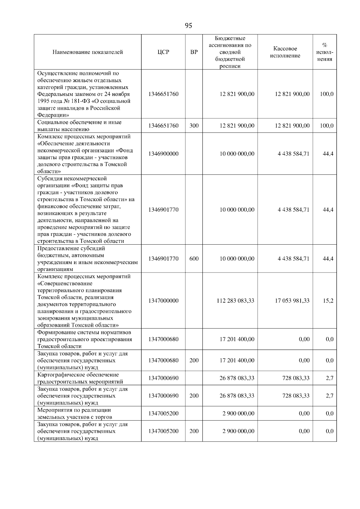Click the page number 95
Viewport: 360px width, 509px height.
pyautogui.click(x=188, y=26)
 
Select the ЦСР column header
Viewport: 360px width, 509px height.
pyautogui.click(x=163, y=52)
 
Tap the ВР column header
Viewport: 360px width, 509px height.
pyautogui.click(x=194, y=52)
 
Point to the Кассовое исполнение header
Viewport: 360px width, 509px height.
pyautogui.click(x=285, y=52)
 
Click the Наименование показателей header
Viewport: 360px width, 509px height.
pyautogui.click(x=88, y=52)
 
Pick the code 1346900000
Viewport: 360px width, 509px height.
pyautogui.click(x=163, y=154)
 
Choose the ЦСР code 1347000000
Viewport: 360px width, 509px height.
pyautogui.click(x=163, y=301)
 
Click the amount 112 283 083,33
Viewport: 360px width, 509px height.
pyautogui.click(x=235, y=301)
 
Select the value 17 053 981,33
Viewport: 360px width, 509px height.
pyautogui.click(x=292, y=301)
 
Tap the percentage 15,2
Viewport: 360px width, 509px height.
pyautogui.click(x=328, y=301)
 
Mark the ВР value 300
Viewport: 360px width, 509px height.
pyautogui.click(x=194, y=126)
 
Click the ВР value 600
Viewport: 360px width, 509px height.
pyautogui.click(x=194, y=259)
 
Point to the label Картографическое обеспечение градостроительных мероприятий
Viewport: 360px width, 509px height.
pyautogui.click(x=80, y=378)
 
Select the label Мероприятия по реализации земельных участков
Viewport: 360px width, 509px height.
pyautogui.click(x=74, y=414)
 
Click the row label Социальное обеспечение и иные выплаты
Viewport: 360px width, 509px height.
pyautogui.click(x=79, y=126)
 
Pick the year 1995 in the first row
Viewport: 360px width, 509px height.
pyautogui.click(x=44, y=101)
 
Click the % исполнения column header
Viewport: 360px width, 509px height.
pyautogui.click(x=325, y=52)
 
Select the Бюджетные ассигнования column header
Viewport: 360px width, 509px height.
pyautogui.click(x=230, y=52)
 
